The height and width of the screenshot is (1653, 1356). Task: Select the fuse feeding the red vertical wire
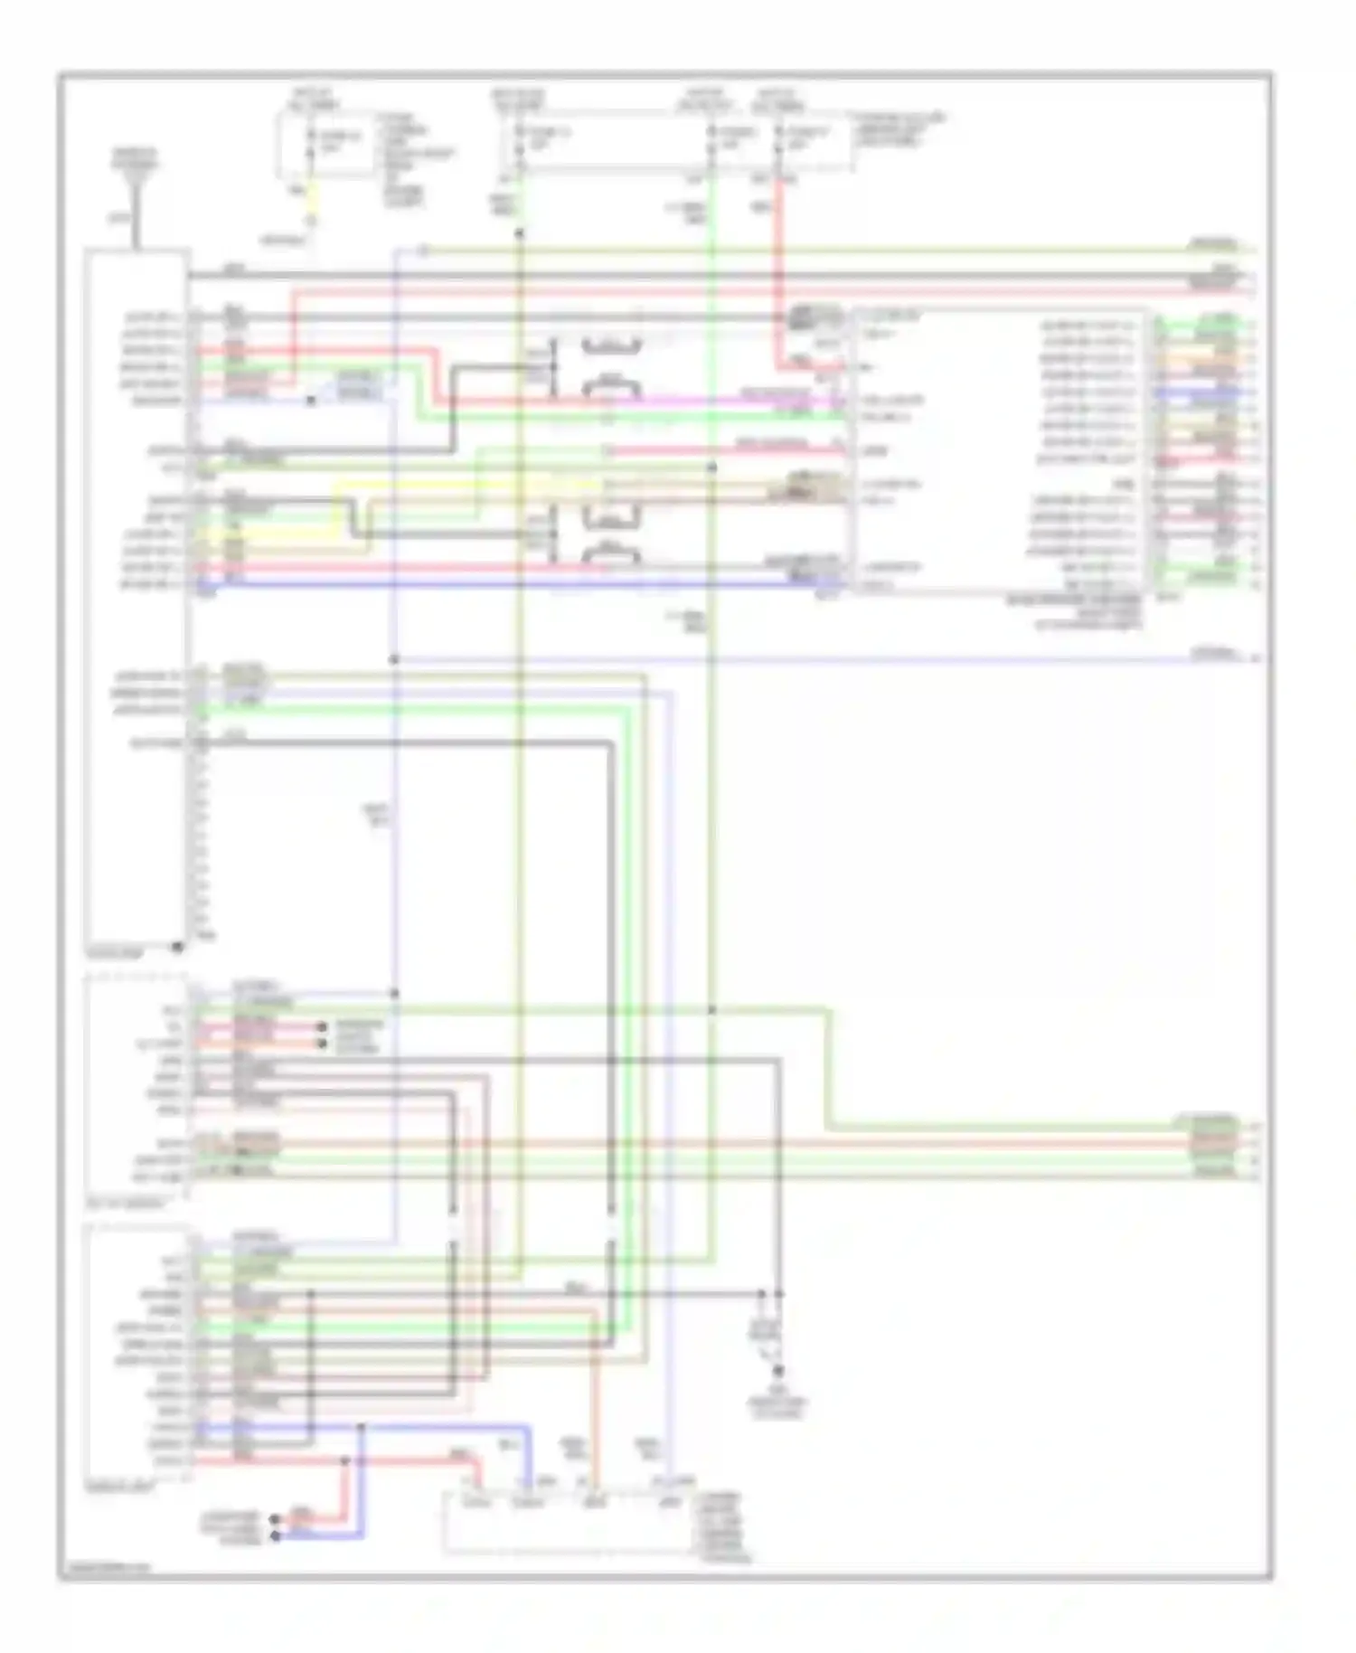tap(778, 138)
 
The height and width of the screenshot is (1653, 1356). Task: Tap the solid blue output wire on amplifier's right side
tap(1202, 392)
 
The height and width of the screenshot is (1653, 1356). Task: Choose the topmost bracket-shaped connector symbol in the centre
tap(612, 345)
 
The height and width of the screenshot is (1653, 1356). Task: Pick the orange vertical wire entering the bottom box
tap(594, 1411)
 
